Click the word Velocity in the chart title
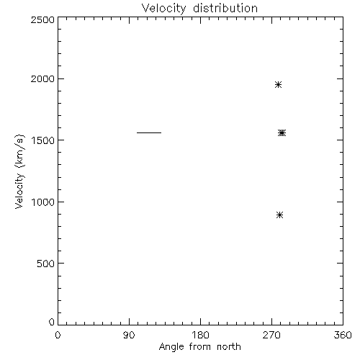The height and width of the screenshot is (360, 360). [163, 9]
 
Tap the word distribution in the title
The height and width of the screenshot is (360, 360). [225, 8]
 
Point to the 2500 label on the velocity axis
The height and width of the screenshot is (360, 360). [42, 19]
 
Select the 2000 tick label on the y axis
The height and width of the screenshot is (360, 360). [42, 78]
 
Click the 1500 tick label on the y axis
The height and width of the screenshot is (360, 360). [43, 140]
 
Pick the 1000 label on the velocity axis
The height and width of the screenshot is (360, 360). [43, 202]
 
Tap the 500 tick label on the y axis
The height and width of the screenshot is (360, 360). [46, 264]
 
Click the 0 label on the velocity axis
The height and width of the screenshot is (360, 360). [52, 322]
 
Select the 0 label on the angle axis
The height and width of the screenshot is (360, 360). [58, 335]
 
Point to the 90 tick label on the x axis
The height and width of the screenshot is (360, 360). [129, 335]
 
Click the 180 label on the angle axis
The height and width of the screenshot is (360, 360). [200, 335]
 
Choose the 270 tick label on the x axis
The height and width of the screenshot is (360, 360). [271, 335]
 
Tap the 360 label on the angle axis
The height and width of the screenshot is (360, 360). [343, 335]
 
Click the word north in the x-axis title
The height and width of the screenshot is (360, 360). [229, 346]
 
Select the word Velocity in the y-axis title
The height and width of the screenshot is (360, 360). [19, 191]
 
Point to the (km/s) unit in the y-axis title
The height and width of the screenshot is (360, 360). [19, 151]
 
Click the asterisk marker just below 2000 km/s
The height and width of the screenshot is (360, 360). [278, 84]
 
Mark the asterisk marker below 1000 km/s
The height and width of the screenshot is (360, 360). [279, 215]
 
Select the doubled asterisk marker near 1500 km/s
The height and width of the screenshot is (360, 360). [282, 132]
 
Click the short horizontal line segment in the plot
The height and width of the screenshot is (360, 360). [149, 132]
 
